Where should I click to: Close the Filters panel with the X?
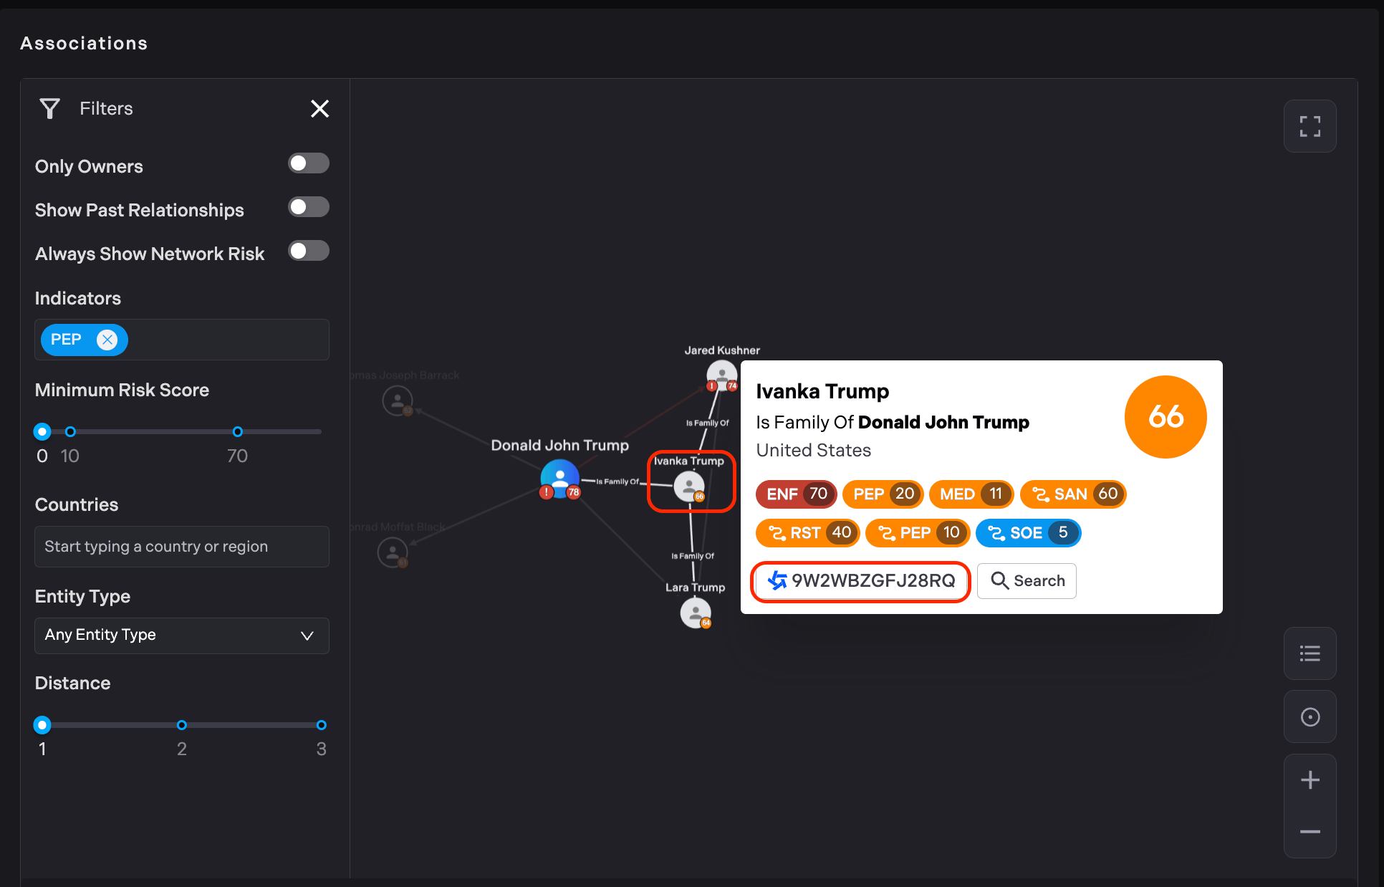coord(319,109)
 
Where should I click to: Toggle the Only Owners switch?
coord(308,163)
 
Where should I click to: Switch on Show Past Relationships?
coord(308,207)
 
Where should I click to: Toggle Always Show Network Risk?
coord(308,251)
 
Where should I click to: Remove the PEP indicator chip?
coord(107,340)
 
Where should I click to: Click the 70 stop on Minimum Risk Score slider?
coord(238,432)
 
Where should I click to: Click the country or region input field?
coord(182,547)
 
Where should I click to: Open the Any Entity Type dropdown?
coord(182,636)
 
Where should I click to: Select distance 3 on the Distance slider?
coord(322,725)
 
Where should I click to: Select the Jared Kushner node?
coord(721,374)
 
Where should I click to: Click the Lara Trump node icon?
coord(695,613)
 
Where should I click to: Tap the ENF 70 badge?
coord(796,494)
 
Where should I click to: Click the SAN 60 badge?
coord(1073,494)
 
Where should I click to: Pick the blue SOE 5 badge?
coord(1028,533)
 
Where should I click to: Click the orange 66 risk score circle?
coord(1166,417)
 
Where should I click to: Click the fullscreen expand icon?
coord(1309,127)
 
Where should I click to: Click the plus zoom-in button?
coord(1309,780)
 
